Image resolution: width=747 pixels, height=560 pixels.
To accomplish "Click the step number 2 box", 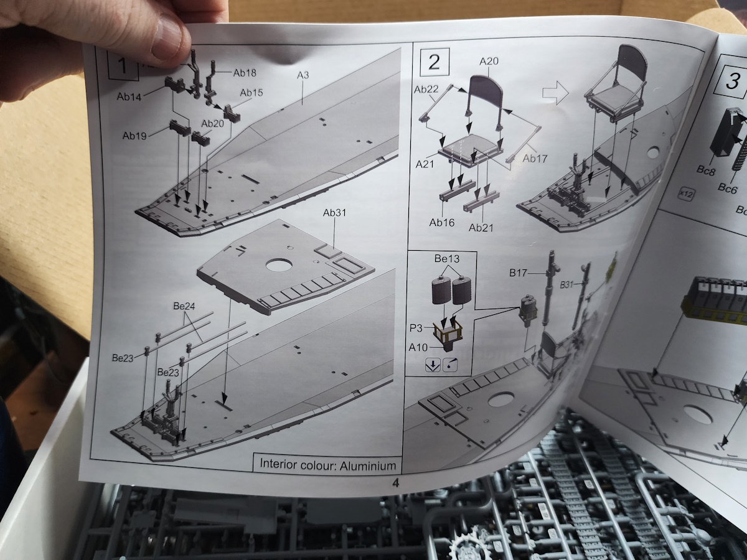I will (x=434, y=62).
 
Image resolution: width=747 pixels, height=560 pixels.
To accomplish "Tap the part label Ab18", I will (x=245, y=73).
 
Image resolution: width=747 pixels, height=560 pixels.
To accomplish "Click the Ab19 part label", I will (x=135, y=136).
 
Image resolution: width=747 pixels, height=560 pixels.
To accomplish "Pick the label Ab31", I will (x=334, y=213).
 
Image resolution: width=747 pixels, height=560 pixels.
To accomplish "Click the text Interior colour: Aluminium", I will (x=327, y=465).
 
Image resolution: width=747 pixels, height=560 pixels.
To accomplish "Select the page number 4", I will (x=395, y=481).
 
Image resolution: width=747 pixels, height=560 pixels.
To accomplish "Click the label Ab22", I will (x=428, y=90).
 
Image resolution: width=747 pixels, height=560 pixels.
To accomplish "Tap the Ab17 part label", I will (x=535, y=159).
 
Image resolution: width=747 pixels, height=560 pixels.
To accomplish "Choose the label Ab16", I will (x=442, y=222).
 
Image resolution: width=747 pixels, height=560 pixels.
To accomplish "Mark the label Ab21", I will (x=481, y=228).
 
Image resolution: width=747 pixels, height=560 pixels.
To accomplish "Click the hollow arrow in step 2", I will (x=554, y=93).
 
